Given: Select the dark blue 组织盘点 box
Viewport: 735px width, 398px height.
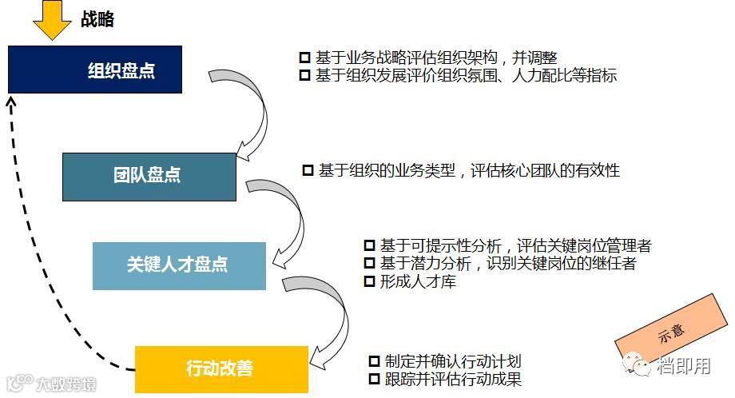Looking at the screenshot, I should [x=95, y=70].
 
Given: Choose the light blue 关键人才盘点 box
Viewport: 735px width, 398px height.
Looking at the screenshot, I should [x=179, y=265].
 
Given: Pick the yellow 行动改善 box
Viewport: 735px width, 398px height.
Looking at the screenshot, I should [x=221, y=368].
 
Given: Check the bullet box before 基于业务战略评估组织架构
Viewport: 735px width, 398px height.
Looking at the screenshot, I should [x=304, y=58].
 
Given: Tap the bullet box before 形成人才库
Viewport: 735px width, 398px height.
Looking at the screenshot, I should [x=369, y=281].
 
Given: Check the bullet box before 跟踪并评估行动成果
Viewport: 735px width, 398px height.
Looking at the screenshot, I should [x=373, y=379].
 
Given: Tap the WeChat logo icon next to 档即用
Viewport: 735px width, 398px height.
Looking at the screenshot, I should [x=642, y=365].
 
